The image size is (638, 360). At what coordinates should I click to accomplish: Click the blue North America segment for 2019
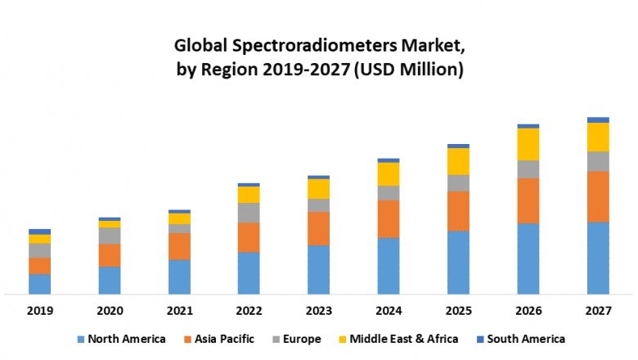pyautogui.click(x=39, y=284)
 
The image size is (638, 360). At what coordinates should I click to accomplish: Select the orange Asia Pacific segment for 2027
pyautogui.click(x=598, y=196)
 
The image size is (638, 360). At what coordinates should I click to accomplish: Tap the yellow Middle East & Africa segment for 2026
pyautogui.click(x=528, y=144)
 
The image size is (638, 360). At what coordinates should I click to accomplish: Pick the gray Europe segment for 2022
pyautogui.click(x=249, y=213)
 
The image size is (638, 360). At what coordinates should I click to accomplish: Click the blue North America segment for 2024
pyautogui.click(x=389, y=266)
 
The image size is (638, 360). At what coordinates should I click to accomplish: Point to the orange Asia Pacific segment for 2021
pyautogui.click(x=179, y=246)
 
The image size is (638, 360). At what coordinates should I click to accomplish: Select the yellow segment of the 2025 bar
pyautogui.click(x=458, y=161)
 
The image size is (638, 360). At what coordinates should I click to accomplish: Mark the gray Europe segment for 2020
pyautogui.click(x=110, y=236)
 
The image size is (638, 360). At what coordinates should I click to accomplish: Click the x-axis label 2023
pyautogui.click(x=319, y=311)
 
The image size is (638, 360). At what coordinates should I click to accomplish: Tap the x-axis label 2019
pyautogui.click(x=39, y=311)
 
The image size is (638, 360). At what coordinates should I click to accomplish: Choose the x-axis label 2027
pyautogui.click(x=598, y=311)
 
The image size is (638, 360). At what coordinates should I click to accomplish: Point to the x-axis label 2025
pyautogui.click(x=458, y=311)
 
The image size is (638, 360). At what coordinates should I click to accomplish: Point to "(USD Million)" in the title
pyautogui.click(x=409, y=70)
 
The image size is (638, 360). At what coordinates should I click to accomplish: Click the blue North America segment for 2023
pyautogui.click(x=319, y=269)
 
